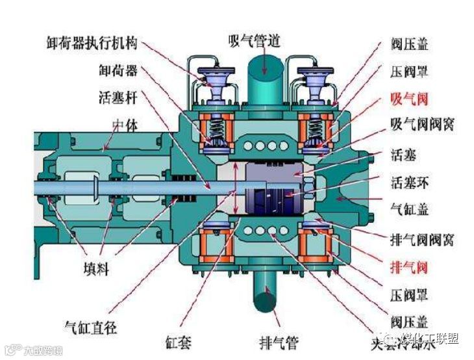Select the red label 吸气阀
[409, 98]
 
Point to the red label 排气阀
[409, 268]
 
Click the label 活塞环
[409, 182]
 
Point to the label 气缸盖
[409, 211]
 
